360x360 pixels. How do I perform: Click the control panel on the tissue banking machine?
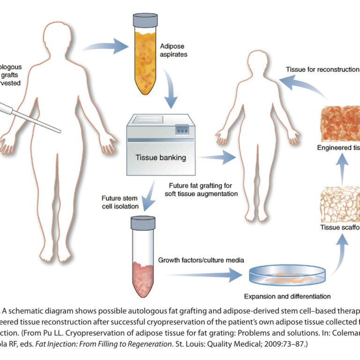pos(183,128)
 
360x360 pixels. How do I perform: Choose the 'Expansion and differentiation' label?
pos(287,296)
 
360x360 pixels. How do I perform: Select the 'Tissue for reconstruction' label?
pos(322,69)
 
